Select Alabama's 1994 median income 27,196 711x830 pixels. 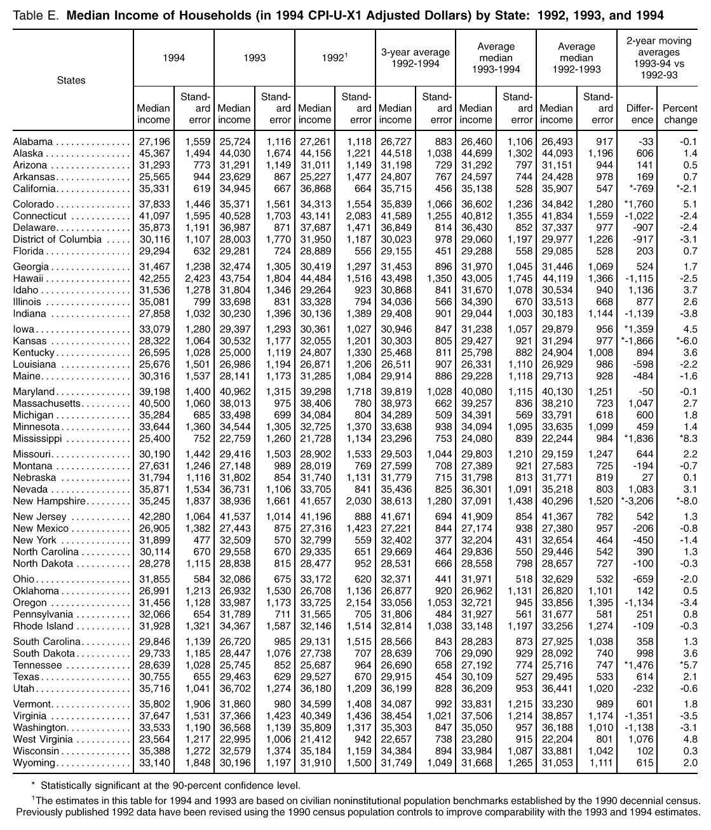154,142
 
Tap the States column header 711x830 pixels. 71,80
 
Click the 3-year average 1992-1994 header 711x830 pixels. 416,58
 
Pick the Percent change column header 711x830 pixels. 680,114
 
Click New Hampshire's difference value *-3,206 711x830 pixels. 635,501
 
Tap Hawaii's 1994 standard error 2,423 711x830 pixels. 195,279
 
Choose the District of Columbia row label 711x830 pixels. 57,239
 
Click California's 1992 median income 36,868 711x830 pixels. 315,189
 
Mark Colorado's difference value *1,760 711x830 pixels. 638,205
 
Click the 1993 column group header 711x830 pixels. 254,58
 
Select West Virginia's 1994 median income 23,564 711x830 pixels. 154,740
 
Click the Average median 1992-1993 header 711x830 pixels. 576,58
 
